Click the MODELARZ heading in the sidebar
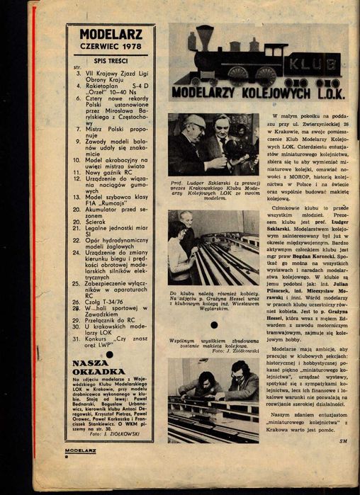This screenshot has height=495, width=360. (x=111, y=33)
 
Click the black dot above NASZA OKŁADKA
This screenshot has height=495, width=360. (x=110, y=351)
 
